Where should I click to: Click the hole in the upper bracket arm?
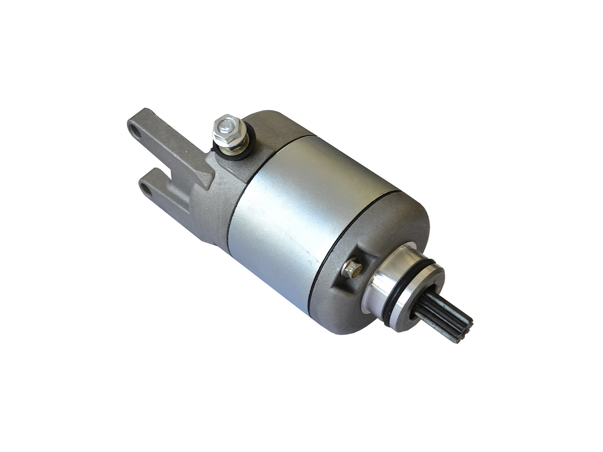[135, 130]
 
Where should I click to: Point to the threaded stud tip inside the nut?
[226, 125]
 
